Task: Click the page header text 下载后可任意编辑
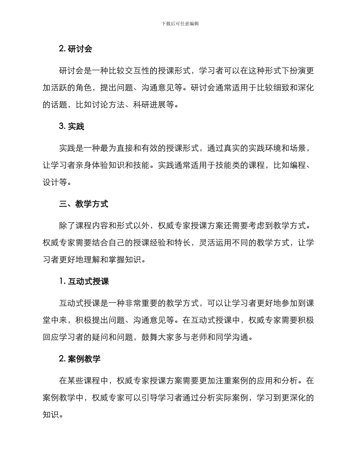(180, 23)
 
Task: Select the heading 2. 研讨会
(76, 49)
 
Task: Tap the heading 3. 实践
(72, 127)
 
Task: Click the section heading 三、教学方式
(84, 204)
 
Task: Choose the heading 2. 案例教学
(80, 359)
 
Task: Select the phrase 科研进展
(150, 105)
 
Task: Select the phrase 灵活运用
(216, 242)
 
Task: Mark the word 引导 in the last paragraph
(158, 397)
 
